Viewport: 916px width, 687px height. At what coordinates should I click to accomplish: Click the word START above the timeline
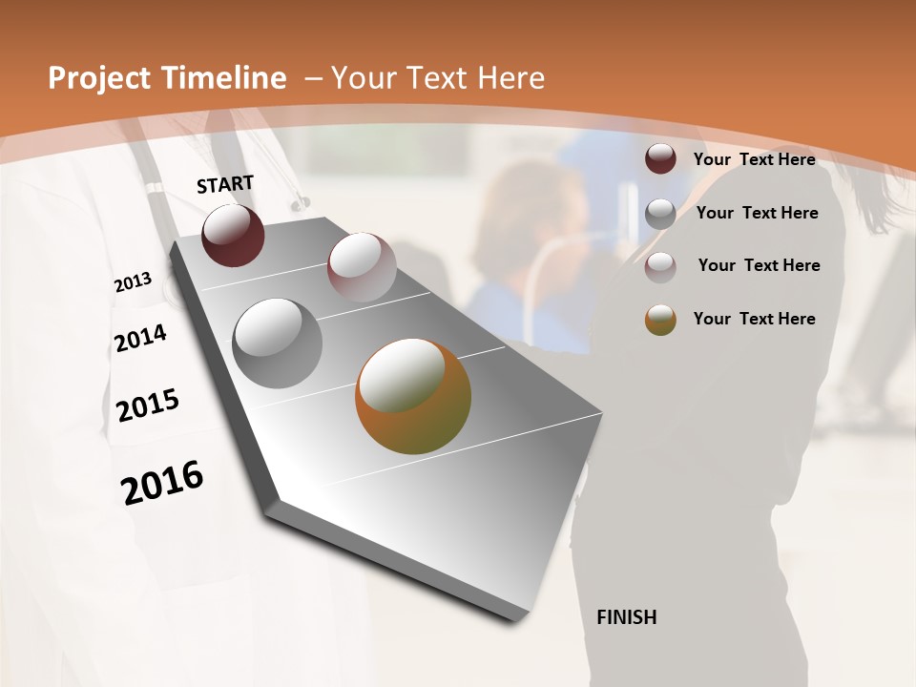coord(225,184)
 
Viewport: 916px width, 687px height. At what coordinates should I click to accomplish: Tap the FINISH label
coord(626,617)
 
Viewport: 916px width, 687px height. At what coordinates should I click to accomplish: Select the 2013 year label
coord(133,282)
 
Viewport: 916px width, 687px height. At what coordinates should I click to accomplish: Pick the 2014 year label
coord(140,338)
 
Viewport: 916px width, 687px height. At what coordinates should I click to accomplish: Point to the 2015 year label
coord(147,406)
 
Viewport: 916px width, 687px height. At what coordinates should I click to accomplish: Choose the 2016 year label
coord(162,482)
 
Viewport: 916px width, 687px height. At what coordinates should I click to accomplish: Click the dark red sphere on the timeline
coord(233,236)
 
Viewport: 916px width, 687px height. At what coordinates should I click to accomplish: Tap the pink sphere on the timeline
coord(362,267)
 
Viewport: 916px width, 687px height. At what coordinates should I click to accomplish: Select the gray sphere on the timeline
coord(278,343)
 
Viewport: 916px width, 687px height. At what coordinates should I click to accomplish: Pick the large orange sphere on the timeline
coord(413,396)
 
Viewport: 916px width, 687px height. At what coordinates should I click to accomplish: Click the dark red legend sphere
coord(660,159)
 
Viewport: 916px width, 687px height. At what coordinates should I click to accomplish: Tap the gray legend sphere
coord(660,214)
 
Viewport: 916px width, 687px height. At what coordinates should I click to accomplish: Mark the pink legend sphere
coord(660,267)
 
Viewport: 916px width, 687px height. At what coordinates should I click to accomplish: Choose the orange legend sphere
coord(660,320)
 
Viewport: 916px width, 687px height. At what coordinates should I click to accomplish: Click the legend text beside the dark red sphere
coord(754,159)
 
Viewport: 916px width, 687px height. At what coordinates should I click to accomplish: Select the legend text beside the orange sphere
coord(754,319)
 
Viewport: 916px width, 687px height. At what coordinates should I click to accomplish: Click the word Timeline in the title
coord(225,78)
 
